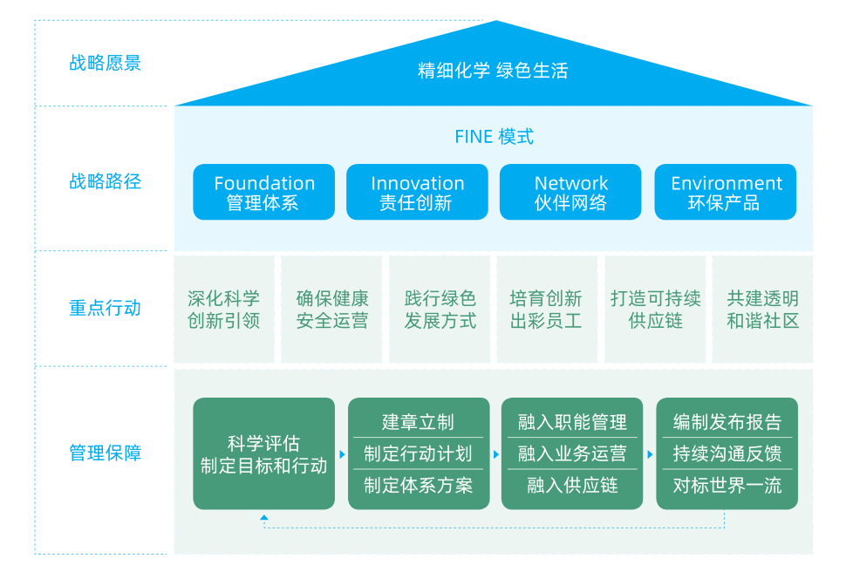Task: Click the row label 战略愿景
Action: point(105,64)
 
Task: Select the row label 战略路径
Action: point(105,181)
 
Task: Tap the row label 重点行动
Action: point(105,308)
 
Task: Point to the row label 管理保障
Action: point(105,453)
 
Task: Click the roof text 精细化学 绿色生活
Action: point(493,71)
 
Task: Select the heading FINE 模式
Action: point(494,137)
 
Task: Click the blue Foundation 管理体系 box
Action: point(263,193)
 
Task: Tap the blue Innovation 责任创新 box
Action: point(417,193)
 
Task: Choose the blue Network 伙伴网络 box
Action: point(570,193)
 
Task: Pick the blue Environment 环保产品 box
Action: point(726,193)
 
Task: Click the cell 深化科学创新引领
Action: point(224,310)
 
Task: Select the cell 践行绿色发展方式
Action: point(440,310)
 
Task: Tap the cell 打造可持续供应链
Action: point(656,310)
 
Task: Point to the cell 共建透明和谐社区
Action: point(762,310)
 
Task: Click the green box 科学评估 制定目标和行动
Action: point(263,454)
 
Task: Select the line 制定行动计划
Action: point(418,453)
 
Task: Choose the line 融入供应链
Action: point(572,485)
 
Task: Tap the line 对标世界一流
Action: point(727,485)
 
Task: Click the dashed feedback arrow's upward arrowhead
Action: point(264,519)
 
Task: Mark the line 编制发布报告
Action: point(727,423)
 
